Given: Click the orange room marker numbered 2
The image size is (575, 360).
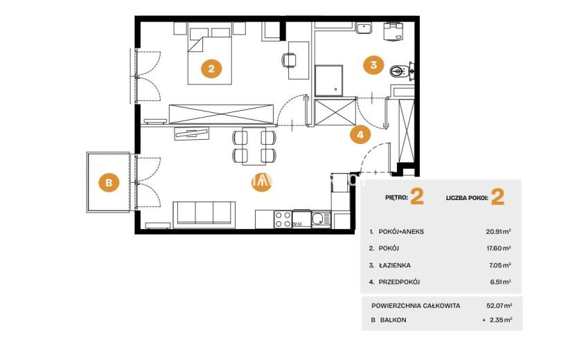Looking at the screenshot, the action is [x=211, y=68].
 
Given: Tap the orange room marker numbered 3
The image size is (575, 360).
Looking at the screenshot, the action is [x=373, y=65].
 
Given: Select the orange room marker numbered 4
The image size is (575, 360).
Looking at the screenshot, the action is [x=360, y=134].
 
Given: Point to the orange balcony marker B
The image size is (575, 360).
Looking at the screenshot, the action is [x=109, y=182].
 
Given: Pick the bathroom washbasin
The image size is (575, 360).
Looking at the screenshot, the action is [x=364, y=28].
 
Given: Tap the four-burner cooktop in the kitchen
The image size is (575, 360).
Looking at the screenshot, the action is [x=283, y=219].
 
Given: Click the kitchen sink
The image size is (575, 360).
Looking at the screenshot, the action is [x=321, y=219].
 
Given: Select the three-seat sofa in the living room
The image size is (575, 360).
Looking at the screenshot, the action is [x=204, y=214].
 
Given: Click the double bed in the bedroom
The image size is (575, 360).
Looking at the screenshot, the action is [x=210, y=53].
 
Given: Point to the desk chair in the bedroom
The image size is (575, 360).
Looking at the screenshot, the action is [x=289, y=60].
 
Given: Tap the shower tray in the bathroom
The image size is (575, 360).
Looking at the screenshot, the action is [x=329, y=81].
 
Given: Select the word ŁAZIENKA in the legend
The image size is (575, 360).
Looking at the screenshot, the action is [x=395, y=265].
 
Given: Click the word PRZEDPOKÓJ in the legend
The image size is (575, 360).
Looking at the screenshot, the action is [x=399, y=282].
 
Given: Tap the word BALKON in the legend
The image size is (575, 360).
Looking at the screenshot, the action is [x=393, y=320].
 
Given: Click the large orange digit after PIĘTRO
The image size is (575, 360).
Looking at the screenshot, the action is [x=417, y=197].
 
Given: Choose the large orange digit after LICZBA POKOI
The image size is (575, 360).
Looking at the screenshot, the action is [x=497, y=197].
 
